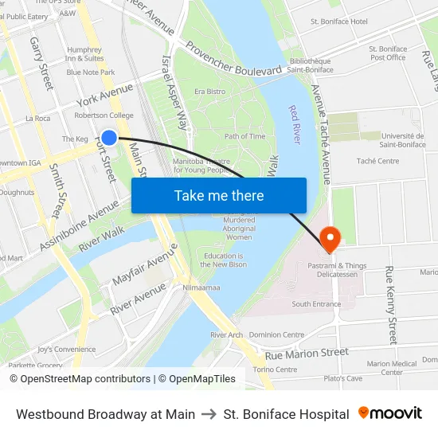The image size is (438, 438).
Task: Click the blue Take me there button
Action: (219, 195)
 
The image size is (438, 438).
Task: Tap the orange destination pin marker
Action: (329, 237)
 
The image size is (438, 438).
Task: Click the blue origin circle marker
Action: (110, 138)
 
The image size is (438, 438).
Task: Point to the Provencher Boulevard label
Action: (233, 59)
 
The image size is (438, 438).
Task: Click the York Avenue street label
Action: (104, 96)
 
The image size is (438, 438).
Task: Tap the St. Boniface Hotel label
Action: (338, 22)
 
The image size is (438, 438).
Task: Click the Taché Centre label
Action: (378, 161)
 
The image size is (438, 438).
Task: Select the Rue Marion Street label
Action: (307, 353)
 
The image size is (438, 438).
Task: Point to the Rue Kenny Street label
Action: (390, 305)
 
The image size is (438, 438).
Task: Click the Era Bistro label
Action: (210, 92)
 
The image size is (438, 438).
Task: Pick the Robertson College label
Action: (104, 115)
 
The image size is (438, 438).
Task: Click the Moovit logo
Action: (390, 413)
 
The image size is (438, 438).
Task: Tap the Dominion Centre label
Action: (277, 335)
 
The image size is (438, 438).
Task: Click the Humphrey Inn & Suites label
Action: (84, 53)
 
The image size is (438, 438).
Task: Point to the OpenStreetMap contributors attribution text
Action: (85, 379)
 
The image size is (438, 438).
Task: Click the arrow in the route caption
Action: (209, 414)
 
